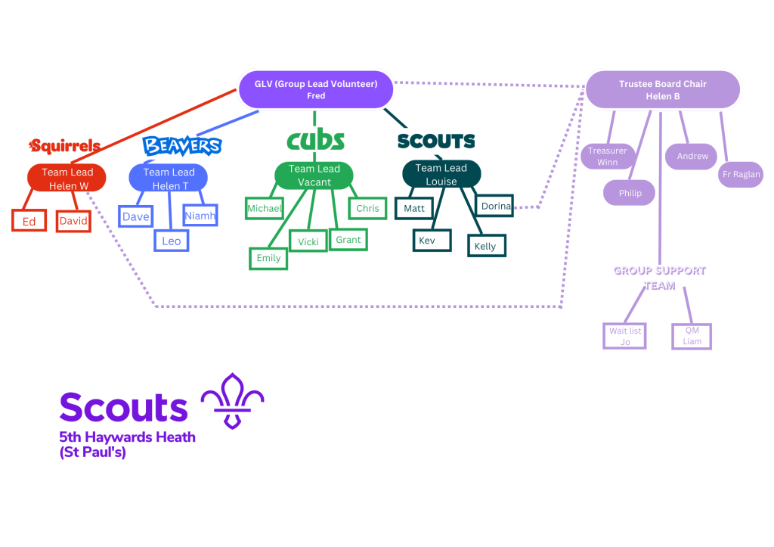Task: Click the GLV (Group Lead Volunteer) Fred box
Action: (316, 90)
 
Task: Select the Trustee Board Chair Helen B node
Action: (662, 90)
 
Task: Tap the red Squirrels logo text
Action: (65, 146)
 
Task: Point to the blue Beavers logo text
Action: (182, 145)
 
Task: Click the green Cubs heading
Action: (315, 140)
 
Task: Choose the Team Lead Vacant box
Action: (314, 176)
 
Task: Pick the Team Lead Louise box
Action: (441, 175)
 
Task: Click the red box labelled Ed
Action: (29, 222)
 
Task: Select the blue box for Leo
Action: (172, 241)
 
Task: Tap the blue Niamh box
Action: (200, 216)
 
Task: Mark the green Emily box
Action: (268, 258)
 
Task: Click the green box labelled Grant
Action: (348, 240)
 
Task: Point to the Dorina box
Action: (496, 206)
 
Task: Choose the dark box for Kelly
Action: (486, 246)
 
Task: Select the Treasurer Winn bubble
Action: (607, 157)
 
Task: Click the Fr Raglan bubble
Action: (741, 175)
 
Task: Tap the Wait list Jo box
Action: (625, 336)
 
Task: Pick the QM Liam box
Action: (692, 336)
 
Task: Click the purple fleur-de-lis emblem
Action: (232, 400)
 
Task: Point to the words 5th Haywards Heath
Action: (128, 437)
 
